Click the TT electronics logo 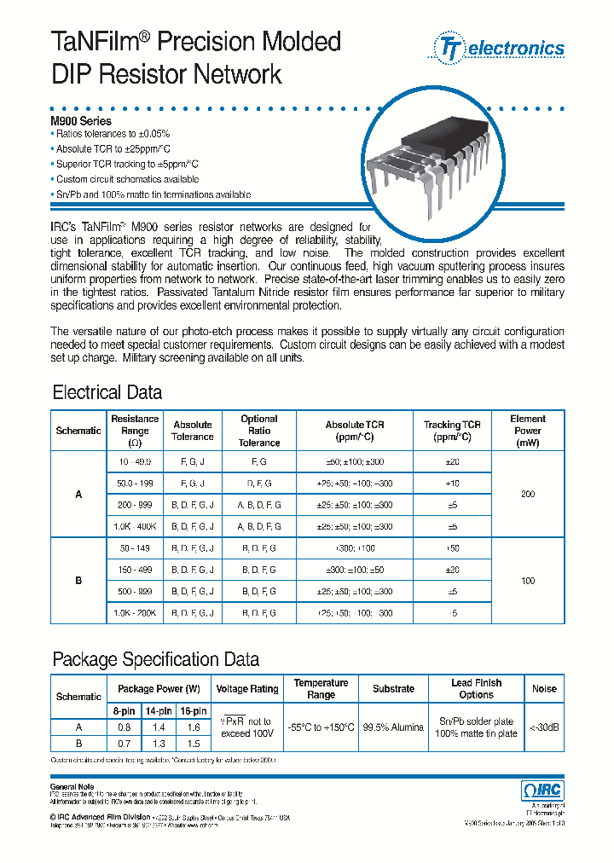[499, 48]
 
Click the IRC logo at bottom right [542, 791]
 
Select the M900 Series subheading [81, 121]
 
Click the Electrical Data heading [107, 393]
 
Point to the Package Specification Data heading [156, 659]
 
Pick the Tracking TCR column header [452, 431]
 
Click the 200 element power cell [528, 494]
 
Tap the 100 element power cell [528, 581]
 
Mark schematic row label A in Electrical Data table [78, 494]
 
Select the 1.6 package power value [194, 727]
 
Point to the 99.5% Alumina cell [393, 727]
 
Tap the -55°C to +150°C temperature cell [321, 727]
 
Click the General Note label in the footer [72, 786]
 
